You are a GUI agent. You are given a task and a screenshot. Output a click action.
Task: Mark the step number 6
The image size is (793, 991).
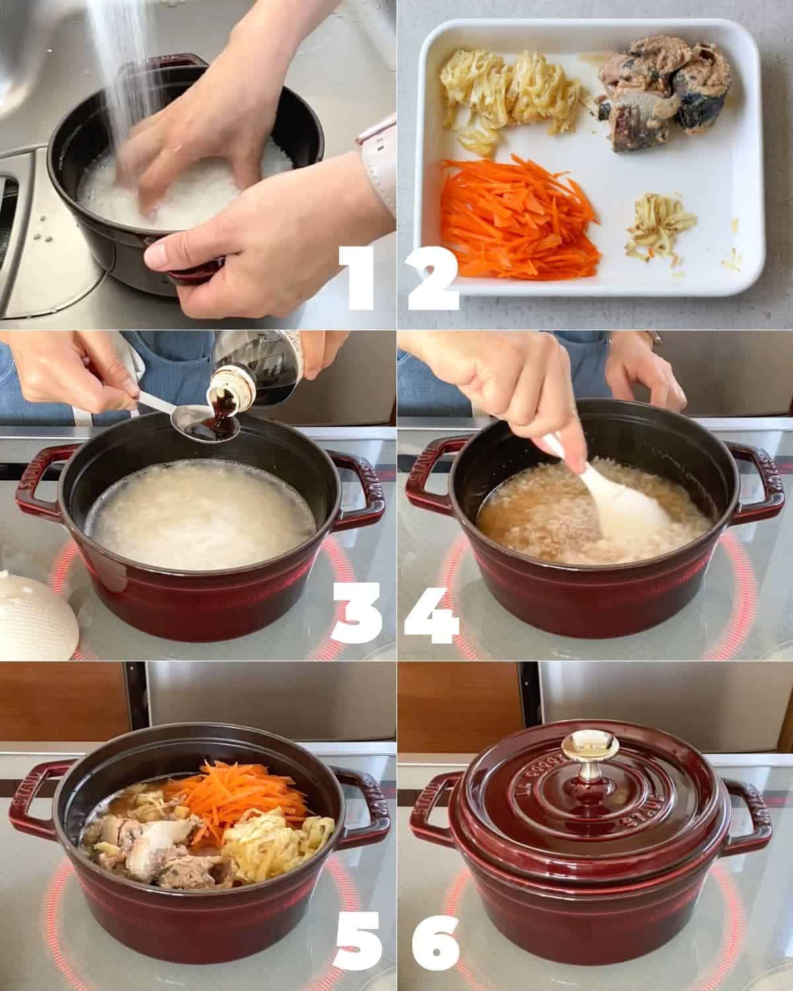pyautogui.click(x=434, y=941)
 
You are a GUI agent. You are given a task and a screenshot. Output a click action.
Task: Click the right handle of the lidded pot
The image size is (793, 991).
pyautogui.click(x=750, y=809)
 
